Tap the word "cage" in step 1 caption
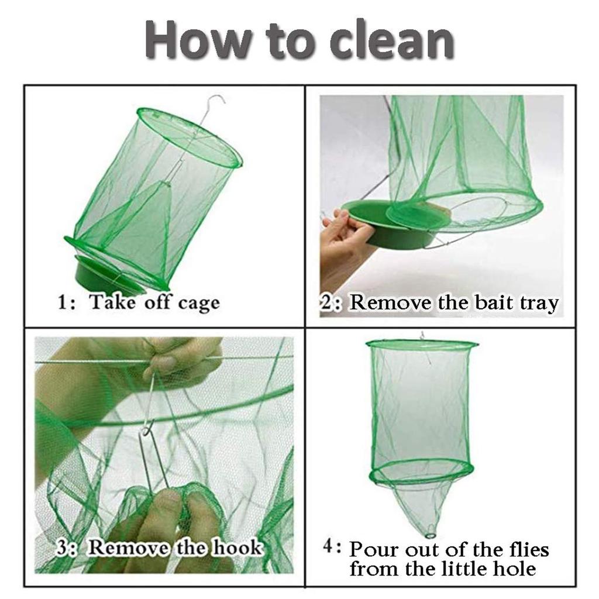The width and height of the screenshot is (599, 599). tap(199, 303)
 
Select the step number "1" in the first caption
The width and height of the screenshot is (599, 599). tap(63, 303)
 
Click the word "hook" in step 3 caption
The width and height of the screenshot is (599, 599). tap(237, 548)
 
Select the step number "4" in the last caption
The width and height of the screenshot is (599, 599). tap(329, 548)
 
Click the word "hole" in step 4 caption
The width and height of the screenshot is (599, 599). tap(515, 569)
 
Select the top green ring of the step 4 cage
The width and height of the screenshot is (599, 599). tap(422, 346)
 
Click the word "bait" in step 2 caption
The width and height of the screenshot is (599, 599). tap(492, 303)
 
